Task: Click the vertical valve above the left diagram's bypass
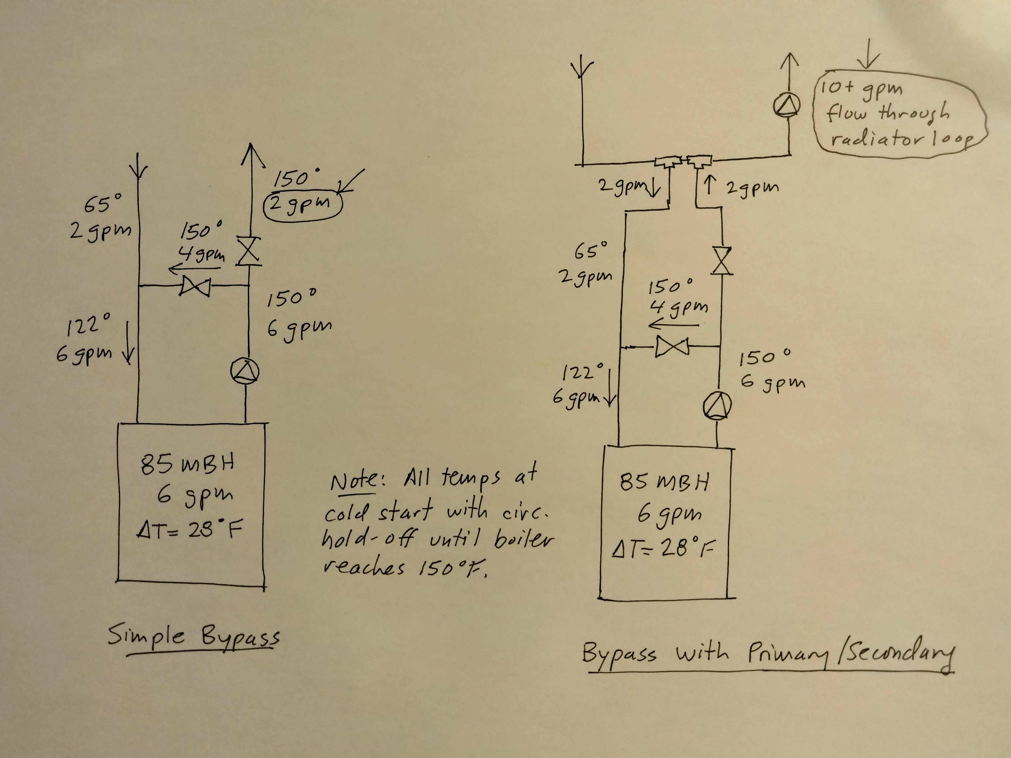pos(249,251)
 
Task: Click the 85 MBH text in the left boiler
pos(187,464)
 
